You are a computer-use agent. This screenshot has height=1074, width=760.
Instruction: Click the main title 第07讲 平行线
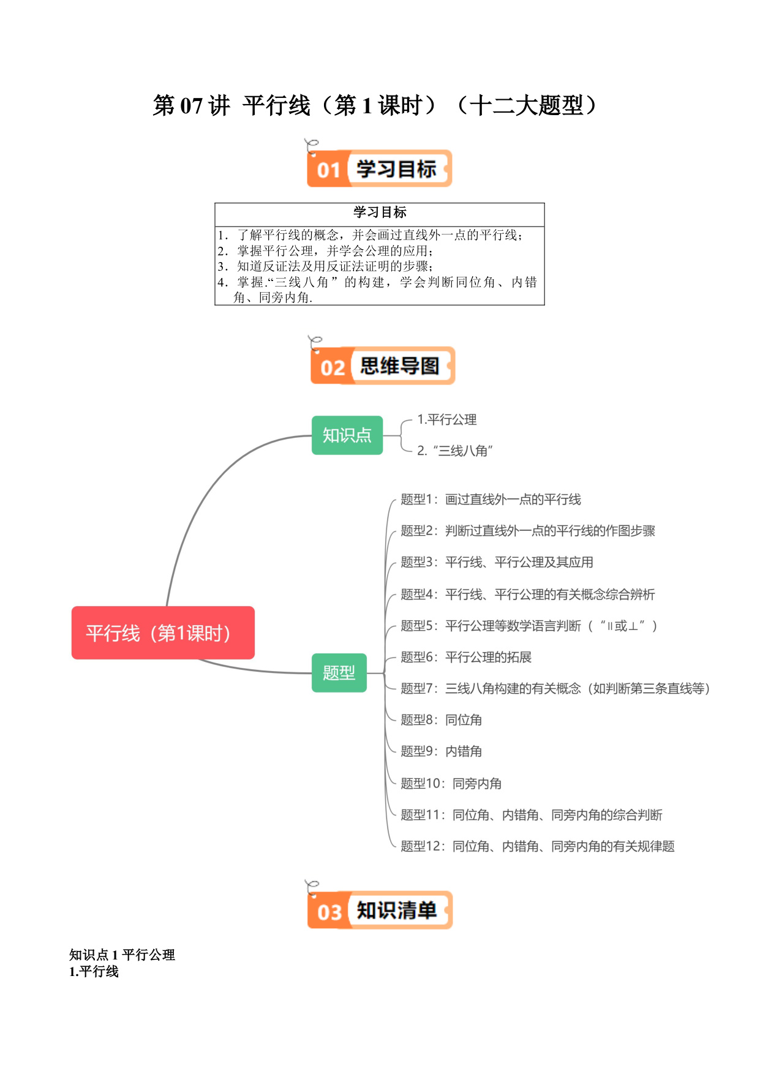pos(375,105)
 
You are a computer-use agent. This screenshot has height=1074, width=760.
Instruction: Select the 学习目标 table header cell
pos(380,212)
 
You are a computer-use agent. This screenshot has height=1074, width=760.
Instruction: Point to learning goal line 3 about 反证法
pos(325,266)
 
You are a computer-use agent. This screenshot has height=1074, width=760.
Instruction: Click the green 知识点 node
pos(347,435)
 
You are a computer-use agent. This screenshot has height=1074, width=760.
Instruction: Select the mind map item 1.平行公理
pos(447,419)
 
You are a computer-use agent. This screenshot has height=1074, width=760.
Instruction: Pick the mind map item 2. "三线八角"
pos(455,451)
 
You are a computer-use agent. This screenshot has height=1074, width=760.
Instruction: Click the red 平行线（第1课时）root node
pos(163,633)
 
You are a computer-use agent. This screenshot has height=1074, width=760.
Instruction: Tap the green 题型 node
pos(339,673)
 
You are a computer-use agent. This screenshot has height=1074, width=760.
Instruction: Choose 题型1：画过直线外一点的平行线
pos(491,500)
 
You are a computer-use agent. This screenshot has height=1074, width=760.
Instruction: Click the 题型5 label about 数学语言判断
pos(529,626)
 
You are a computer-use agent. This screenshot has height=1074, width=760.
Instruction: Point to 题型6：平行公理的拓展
pos(466,657)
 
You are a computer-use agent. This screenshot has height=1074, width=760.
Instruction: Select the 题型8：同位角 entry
pos(442,720)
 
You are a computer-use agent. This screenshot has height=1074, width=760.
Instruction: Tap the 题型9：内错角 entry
pos(442,751)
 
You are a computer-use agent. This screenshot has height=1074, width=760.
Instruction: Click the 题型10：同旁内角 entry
pos(451,783)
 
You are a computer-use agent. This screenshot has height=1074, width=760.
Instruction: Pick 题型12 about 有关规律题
pos(538,846)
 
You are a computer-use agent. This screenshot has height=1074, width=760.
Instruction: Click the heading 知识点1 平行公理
pos(122,955)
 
